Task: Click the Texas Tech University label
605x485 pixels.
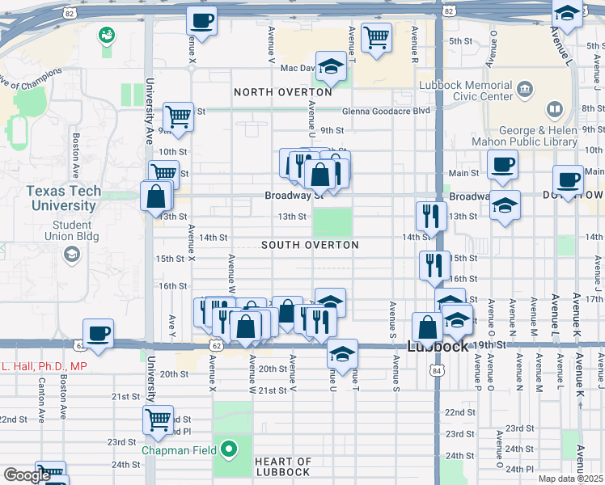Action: (63, 198)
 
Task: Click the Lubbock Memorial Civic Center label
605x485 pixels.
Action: (466, 91)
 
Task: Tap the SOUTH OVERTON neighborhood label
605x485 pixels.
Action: (310, 244)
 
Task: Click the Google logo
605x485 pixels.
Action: (27, 475)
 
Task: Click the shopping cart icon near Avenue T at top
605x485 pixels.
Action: (376, 36)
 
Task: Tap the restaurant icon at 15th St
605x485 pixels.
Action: (434, 264)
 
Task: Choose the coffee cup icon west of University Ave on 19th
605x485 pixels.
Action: (98, 333)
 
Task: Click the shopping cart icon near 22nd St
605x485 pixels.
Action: (158, 420)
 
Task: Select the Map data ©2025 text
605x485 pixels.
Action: (571, 479)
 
